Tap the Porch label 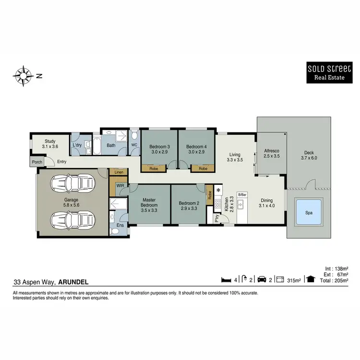(37, 162)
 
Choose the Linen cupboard (119, 172)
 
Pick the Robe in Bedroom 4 (203, 168)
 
